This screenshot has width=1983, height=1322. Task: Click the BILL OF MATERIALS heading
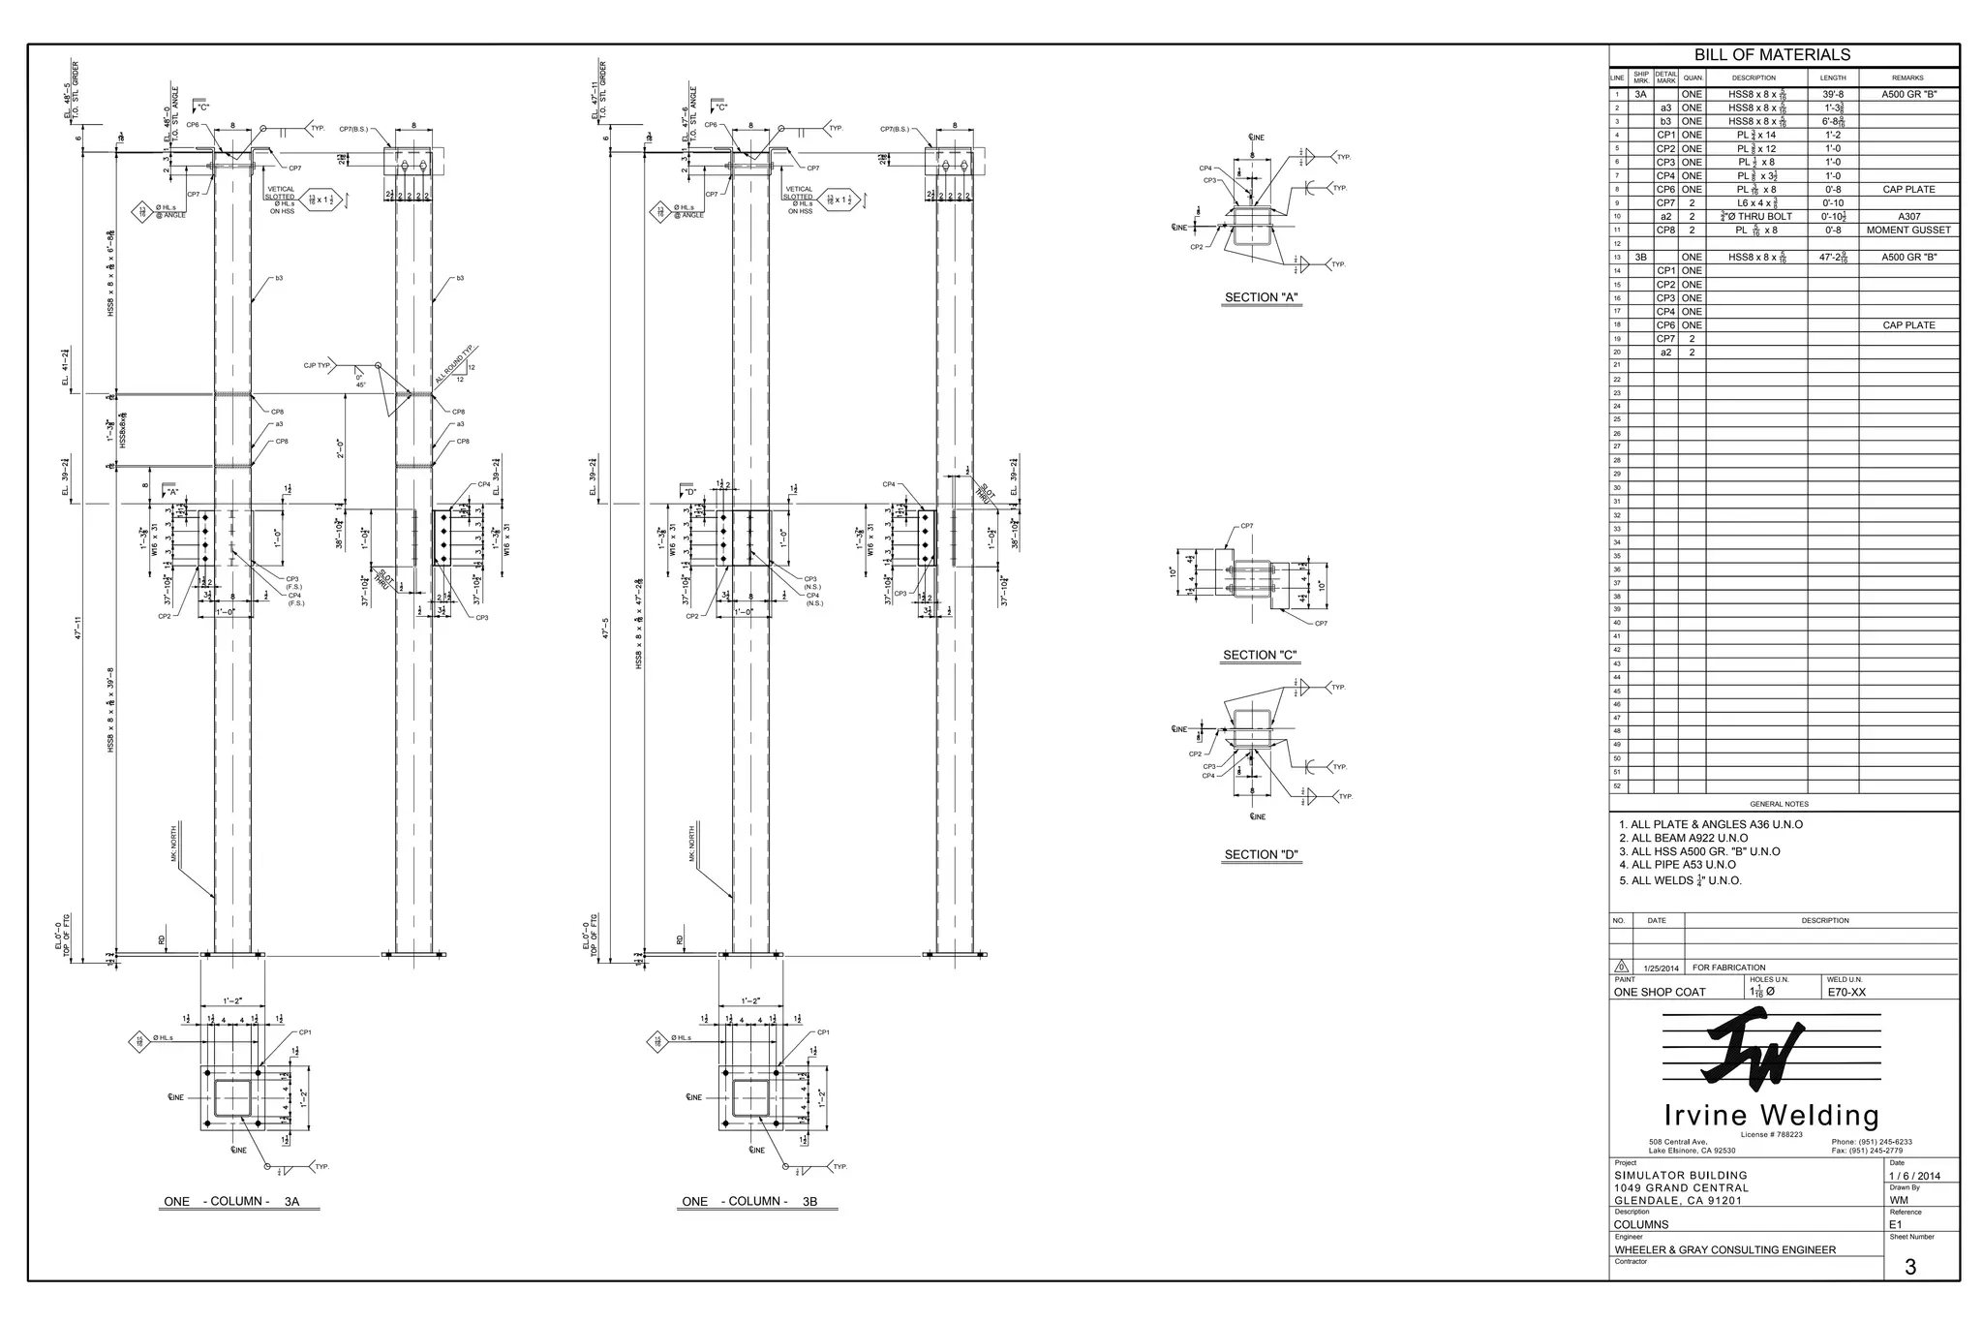pyautogui.click(x=1772, y=55)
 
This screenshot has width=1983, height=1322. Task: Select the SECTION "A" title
pyautogui.click(x=1261, y=297)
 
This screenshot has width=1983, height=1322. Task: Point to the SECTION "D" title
pyautogui.click(x=1261, y=854)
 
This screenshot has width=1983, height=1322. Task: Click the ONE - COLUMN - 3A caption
pyautogui.click(x=231, y=1201)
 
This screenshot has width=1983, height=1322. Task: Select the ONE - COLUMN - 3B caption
pyautogui.click(x=749, y=1201)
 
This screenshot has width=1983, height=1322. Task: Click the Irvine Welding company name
pyautogui.click(x=1771, y=1115)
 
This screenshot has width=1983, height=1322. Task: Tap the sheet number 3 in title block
pyautogui.click(x=1909, y=1267)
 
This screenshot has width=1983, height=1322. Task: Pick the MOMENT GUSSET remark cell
pyautogui.click(x=1908, y=231)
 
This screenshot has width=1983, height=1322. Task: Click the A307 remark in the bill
pyautogui.click(x=1908, y=217)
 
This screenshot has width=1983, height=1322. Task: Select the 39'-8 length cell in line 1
pyautogui.click(x=1833, y=95)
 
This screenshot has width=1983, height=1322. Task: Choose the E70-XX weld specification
pyautogui.click(x=1846, y=992)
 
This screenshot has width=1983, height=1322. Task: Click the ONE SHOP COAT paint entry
pyautogui.click(x=1660, y=992)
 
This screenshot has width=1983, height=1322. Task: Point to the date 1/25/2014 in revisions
pyautogui.click(x=1661, y=968)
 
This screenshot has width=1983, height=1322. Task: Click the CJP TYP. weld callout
pyautogui.click(x=318, y=365)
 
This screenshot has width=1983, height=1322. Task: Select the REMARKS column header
pyautogui.click(x=1907, y=77)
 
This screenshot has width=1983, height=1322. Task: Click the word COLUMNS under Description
pyautogui.click(x=1641, y=1224)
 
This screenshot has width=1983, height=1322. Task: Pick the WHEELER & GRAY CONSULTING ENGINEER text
pyautogui.click(x=1724, y=1249)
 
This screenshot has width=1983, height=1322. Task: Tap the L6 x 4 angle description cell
pyautogui.click(x=1755, y=203)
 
